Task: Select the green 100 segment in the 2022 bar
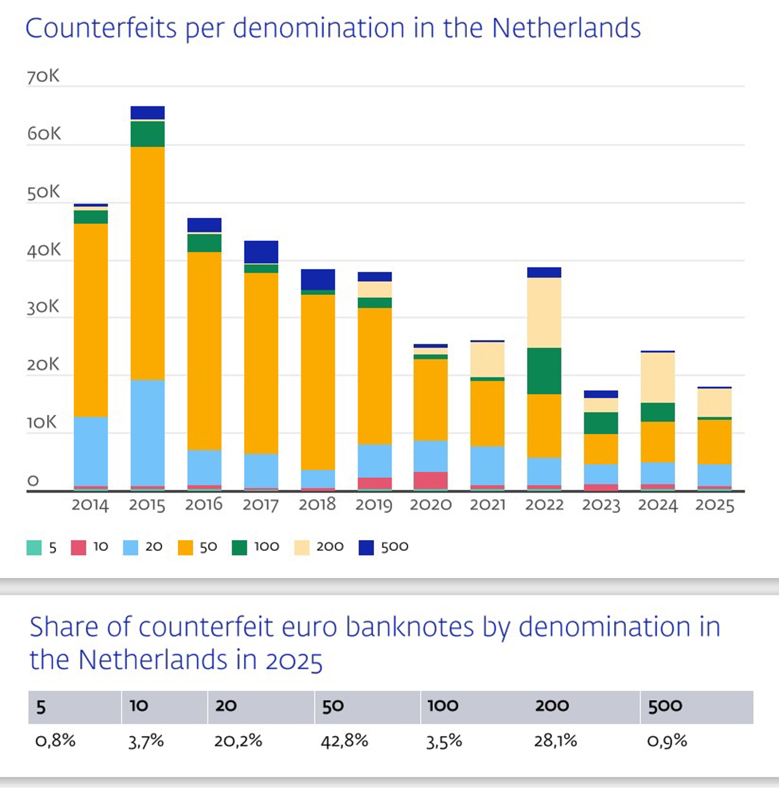[544, 371]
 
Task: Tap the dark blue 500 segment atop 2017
[261, 252]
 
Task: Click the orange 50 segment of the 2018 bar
[317, 382]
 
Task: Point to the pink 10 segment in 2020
[430, 480]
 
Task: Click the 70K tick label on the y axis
[43, 76]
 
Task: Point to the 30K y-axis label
[43, 307]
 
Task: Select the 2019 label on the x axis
[373, 505]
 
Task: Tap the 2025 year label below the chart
[714, 505]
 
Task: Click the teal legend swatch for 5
[34, 547]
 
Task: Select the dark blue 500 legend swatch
[366, 547]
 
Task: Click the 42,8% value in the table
[344, 741]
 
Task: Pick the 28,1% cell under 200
[555, 741]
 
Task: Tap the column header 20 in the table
[226, 706]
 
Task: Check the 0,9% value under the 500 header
[667, 741]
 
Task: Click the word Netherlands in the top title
[566, 28]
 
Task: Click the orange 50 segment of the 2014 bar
[91, 320]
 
